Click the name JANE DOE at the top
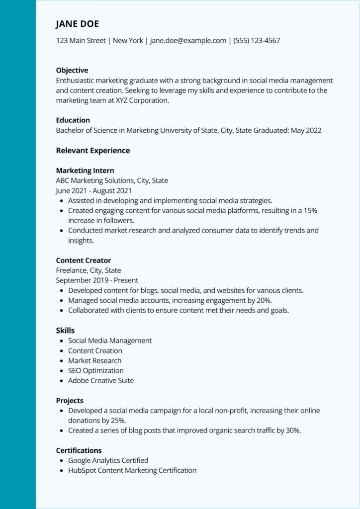[x=77, y=24]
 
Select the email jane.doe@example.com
[x=188, y=41]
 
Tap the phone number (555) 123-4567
[x=257, y=41]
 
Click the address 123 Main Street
[x=81, y=41]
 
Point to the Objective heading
[x=72, y=70]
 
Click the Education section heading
[x=73, y=120]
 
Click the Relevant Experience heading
[x=93, y=150]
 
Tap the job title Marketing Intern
[x=85, y=170]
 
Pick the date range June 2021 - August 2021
[x=93, y=190]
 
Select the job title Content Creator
[x=84, y=260]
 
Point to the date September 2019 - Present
[x=97, y=280]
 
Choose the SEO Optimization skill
[x=96, y=370]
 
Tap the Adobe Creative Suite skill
[x=101, y=380]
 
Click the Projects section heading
[x=70, y=400]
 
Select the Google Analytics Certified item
[x=108, y=460]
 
